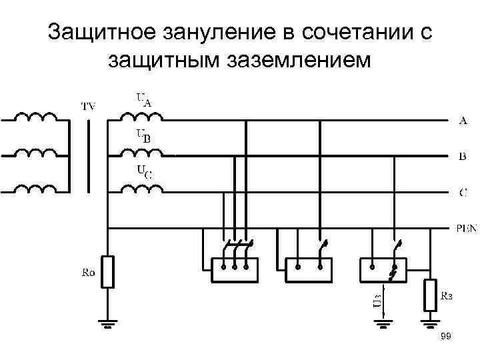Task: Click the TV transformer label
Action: (88, 105)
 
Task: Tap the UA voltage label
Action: (144, 100)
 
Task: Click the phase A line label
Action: (463, 121)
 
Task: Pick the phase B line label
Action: (463, 157)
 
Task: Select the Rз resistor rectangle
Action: (430, 296)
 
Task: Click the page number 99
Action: (446, 338)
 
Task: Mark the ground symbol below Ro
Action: (108, 325)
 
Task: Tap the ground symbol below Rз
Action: (430, 325)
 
